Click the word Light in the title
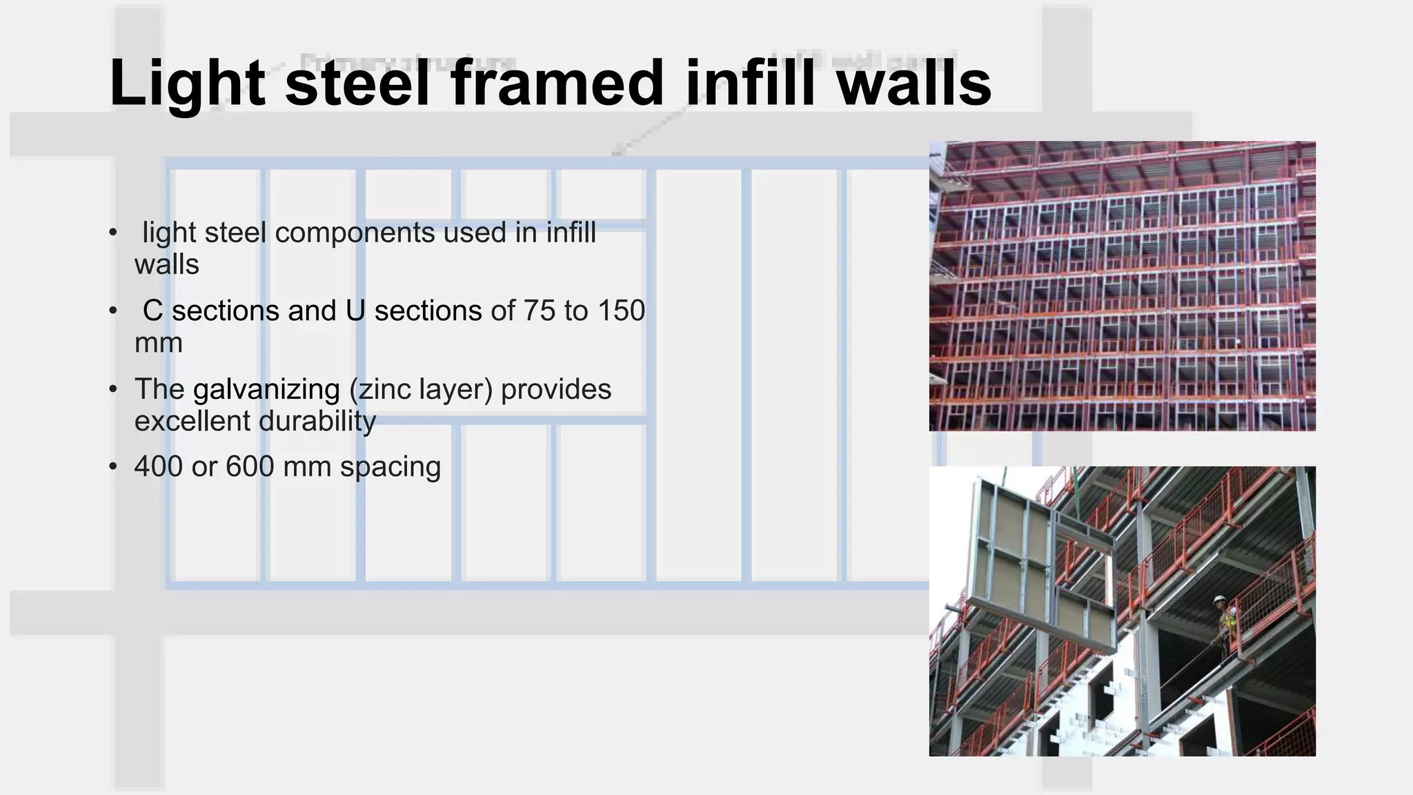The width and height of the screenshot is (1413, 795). pos(187,84)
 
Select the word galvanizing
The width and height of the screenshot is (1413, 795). pos(266,390)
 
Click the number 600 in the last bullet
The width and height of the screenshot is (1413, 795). pos(250,467)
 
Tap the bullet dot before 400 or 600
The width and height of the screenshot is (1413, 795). pos(113,468)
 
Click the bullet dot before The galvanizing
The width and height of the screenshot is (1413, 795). pos(113,390)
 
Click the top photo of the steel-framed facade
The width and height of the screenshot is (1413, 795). pos(1122,286)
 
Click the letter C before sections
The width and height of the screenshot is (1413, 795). pos(152,311)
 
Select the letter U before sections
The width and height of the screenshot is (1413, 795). pos(355,311)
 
